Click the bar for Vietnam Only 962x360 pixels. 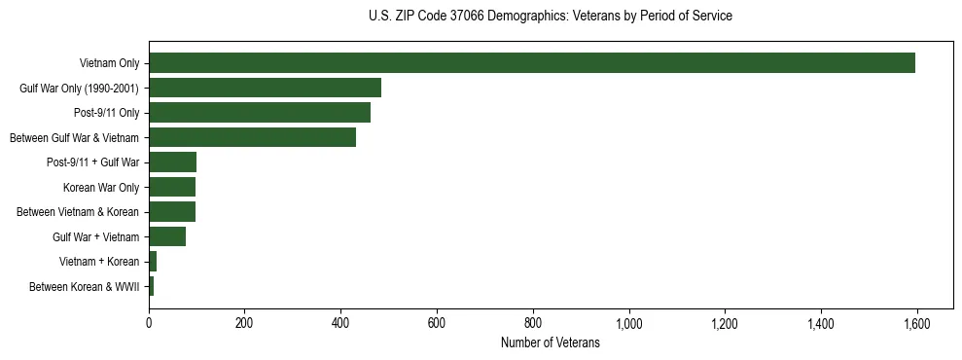pos(531,63)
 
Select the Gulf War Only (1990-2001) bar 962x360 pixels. pos(265,88)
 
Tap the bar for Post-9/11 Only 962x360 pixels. pos(260,113)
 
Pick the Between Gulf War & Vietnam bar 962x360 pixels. pos(252,137)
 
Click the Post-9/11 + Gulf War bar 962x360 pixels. pos(172,162)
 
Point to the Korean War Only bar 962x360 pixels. pos(171,187)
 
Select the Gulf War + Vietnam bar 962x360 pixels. pos(166,236)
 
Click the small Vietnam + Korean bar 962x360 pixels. pos(153,261)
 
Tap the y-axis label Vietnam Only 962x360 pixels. pos(109,64)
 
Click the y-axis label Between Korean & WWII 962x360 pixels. pos(84,286)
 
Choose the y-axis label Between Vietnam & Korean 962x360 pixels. pos(78,212)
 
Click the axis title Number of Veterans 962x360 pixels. pos(550,343)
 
